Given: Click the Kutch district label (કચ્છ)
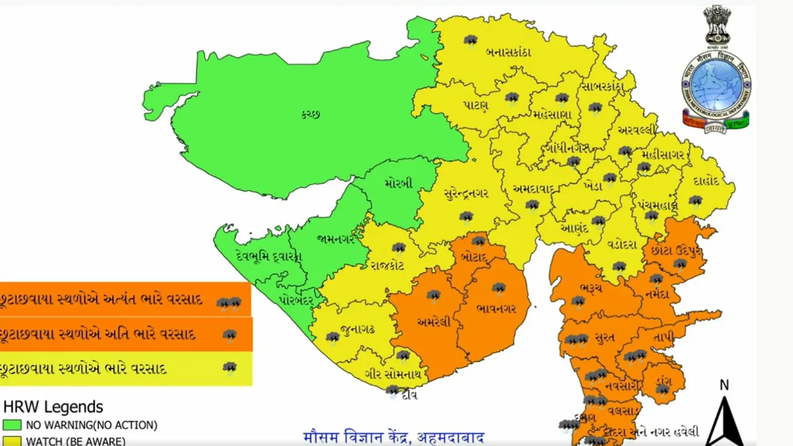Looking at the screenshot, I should tap(311, 114).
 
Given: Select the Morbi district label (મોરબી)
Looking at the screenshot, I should tap(397, 184).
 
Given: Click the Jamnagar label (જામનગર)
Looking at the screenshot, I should tap(335, 238).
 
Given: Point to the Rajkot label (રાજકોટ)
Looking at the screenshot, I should tap(388, 266).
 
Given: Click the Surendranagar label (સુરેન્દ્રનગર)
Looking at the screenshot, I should tap(467, 193).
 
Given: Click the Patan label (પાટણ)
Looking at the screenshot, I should tap(476, 105).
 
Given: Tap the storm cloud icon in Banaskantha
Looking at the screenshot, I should tap(471, 41).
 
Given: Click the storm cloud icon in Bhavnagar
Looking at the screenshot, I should tap(499, 288).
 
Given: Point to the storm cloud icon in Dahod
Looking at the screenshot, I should tap(695, 201).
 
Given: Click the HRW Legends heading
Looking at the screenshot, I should tap(53, 407).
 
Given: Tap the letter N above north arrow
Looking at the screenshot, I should tap(724, 385).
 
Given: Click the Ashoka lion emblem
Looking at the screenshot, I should tap(717, 25).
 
